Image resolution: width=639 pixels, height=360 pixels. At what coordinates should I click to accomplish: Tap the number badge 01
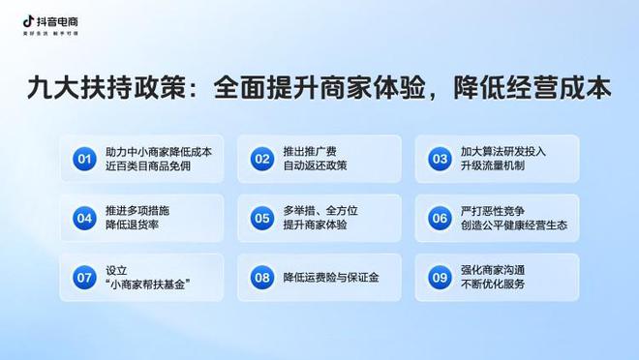[x=84, y=159]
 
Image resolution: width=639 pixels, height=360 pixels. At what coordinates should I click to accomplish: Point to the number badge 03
[x=440, y=159]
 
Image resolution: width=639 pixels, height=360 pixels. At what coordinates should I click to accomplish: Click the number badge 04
[x=84, y=218]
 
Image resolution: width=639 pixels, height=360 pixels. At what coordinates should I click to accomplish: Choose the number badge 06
[x=440, y=218]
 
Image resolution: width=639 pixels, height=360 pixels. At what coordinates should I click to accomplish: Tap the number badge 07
[x=84, y=278]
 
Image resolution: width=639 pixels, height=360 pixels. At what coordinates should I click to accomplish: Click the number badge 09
[x=440, y=278]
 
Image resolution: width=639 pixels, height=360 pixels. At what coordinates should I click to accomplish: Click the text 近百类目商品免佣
[x=151, y=166]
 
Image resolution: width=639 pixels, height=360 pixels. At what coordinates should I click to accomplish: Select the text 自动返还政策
[x=317, y=166]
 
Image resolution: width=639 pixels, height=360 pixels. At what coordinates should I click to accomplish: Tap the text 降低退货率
[x=134, y=225]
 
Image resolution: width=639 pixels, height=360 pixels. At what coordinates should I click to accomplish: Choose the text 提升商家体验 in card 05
[x=317, y=225]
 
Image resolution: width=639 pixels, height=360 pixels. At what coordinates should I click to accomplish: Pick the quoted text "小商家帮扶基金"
[x=147, y=285]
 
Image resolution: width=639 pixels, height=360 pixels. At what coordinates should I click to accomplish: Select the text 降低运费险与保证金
[x=331, y=278]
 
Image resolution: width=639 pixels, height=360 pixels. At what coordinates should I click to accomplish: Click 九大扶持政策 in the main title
[x=118, y=88]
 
